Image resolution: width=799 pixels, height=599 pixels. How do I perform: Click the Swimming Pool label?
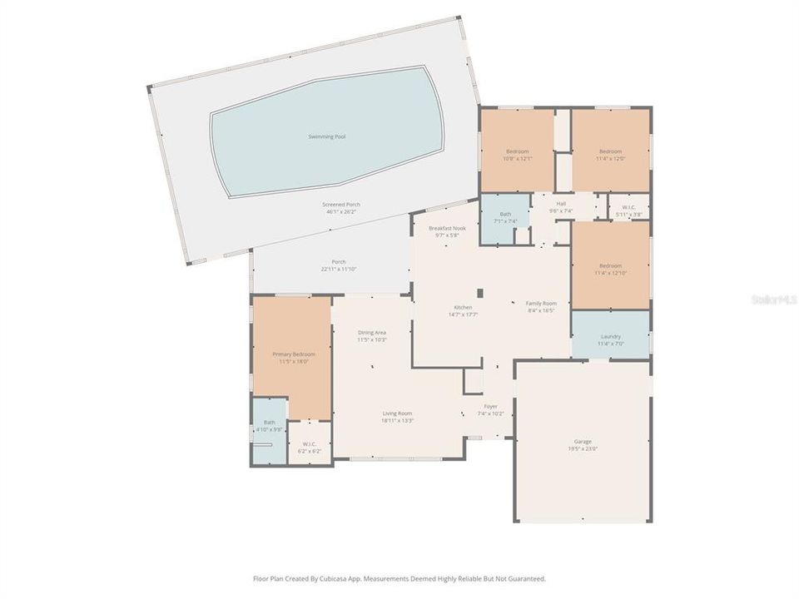[326, 136]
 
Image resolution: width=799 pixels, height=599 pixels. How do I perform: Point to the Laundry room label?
[610, 337]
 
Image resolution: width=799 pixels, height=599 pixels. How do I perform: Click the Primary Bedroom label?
[294, 354]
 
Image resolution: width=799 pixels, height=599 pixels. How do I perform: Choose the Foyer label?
[491, 407]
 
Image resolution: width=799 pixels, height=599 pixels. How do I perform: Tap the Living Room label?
[397, 413]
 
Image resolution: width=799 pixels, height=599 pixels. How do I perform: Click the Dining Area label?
[372, 333]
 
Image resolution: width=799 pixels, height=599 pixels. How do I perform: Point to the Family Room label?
[540, 304]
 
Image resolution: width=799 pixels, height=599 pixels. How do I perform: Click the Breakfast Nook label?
[447, 228]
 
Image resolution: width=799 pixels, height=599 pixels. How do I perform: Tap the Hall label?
[561, 204]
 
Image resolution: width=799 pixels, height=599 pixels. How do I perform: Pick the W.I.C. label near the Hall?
[629, 207]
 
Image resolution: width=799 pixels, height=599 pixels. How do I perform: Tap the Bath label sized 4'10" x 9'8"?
[269, 423]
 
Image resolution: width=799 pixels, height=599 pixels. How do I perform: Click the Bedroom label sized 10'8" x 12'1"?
[518, 151]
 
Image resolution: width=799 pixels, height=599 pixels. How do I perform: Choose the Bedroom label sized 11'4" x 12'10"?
[610, 266]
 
